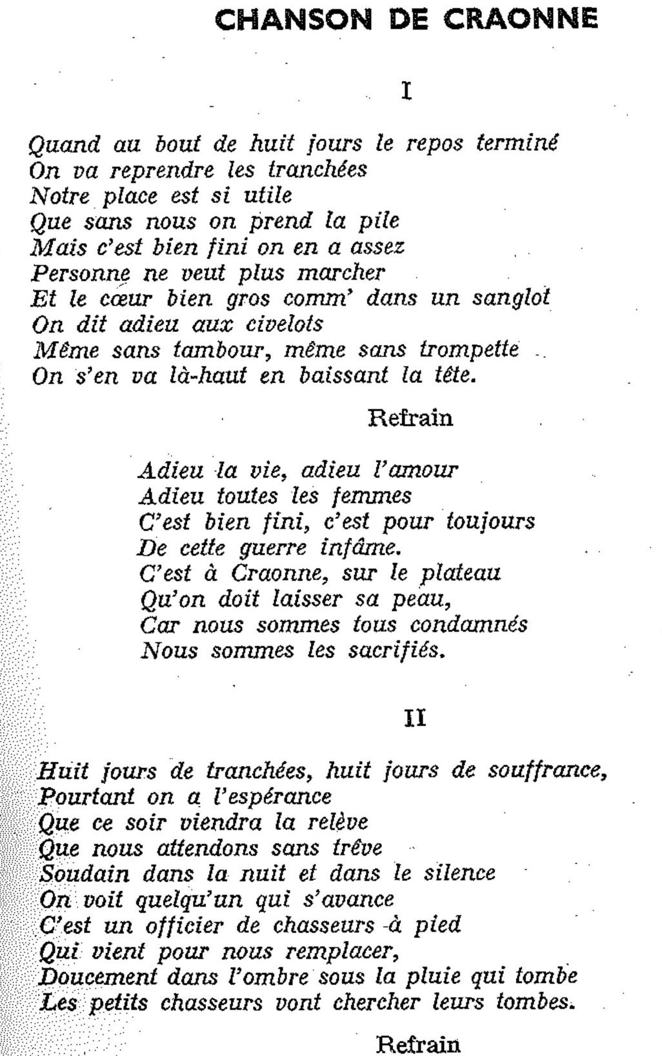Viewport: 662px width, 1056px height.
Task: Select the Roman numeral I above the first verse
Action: click(x=406, y=91)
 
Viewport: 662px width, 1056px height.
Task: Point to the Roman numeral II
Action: click(x=415, y=718)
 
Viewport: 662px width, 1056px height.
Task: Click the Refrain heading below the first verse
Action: click(x=410, y=418)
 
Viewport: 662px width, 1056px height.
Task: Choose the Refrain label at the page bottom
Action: click(x=418, y=1044)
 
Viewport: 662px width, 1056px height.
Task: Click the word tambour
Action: click(x=213, y=350)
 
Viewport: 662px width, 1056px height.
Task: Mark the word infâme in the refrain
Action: click(x=360, y=548)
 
